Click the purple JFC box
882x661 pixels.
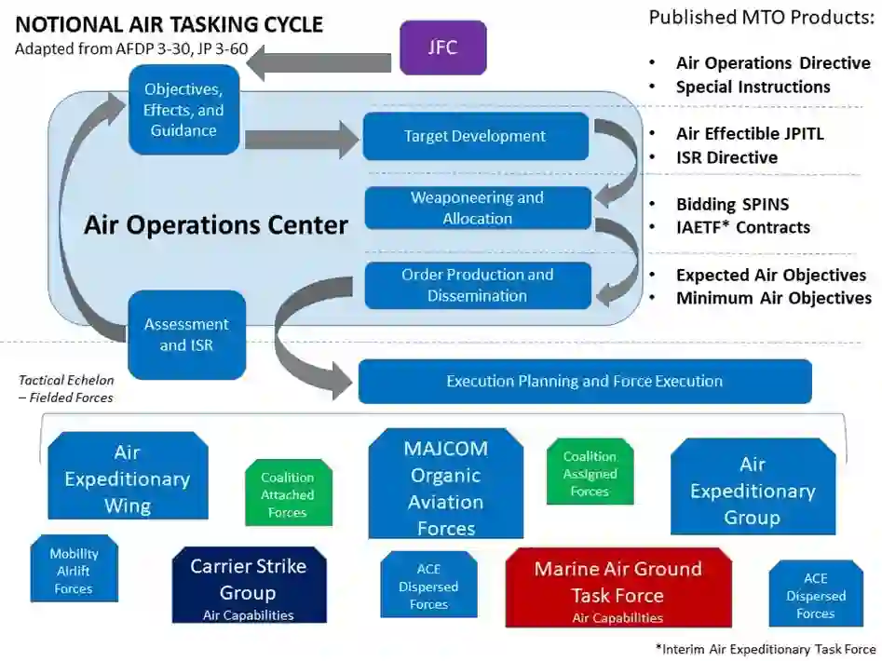click(442, 47)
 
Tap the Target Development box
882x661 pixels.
click(475, 136)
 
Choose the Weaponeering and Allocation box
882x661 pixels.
click(477, 208)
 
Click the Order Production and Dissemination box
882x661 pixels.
click(477, 285)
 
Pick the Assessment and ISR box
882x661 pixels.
click(186, 334)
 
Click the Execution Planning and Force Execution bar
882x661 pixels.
click(584, 381)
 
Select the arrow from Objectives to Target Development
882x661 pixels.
click(301, 139)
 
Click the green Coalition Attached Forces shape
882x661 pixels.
click(287, 494)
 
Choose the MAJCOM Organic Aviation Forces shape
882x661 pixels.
click(445, 487)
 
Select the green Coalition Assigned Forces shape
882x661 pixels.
click(590, 473)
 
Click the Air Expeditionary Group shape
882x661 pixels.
click(752, 490)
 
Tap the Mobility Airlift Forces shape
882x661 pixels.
click(74, 570)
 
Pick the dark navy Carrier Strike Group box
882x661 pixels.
click(249, 587)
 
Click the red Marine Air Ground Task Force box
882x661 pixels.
click(617, 588)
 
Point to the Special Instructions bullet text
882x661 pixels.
click(753, 87)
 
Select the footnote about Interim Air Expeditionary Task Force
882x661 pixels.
click(766, 649)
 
